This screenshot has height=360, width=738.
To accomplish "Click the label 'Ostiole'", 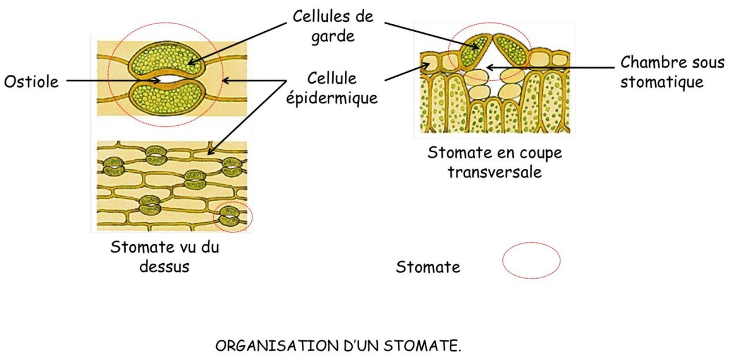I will [31, 81].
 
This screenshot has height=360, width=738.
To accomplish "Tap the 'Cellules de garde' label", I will [333, 25].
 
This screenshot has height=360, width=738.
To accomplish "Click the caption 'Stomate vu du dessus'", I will [165, 257].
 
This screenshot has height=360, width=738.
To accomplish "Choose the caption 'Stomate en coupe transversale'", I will [495, 162].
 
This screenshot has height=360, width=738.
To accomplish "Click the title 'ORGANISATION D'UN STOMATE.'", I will [338, 347].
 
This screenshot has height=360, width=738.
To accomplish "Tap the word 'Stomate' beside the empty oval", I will [428, 267].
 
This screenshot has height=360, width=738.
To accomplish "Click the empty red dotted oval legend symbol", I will [531, 261].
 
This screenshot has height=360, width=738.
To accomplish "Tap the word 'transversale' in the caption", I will [495, 172].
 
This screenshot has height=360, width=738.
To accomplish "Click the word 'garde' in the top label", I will [333, 36].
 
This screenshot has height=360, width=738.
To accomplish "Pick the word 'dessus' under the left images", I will [165, 267].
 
